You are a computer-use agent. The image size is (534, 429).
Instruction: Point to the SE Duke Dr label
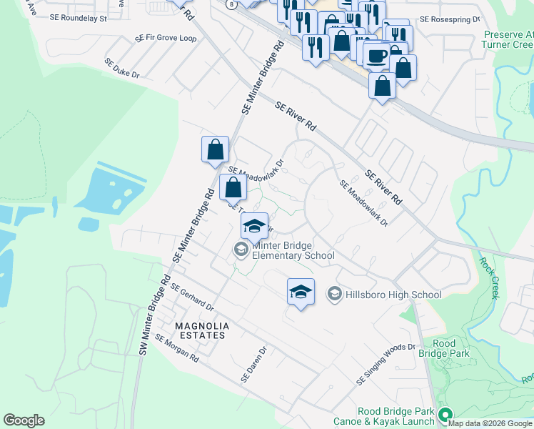[121, 69]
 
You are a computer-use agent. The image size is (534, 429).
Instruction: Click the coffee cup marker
[376, 55]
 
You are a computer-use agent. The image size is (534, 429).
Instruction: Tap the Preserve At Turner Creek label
[508, 40]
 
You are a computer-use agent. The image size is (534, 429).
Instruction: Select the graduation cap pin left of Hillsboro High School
[301, 292]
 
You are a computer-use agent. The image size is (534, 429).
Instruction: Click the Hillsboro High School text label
[393, 295]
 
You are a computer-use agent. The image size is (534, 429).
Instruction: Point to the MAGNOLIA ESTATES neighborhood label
[202, 331]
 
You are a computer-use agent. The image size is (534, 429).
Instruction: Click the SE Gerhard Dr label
[192, 297]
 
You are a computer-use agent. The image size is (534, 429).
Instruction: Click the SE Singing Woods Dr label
[386, 365]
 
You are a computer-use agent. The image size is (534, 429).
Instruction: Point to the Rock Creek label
[489, 277]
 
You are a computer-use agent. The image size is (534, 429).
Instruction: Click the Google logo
[24, 420]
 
